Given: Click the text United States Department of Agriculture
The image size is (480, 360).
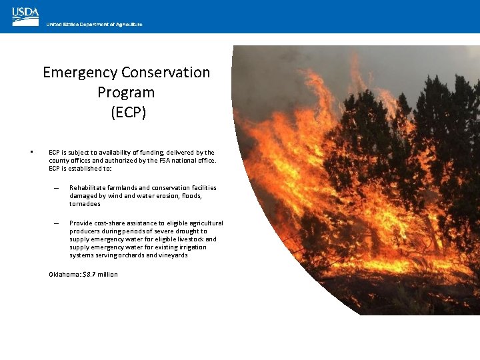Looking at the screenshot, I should [94, 25].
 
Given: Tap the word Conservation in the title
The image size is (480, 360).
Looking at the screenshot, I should [166, 72].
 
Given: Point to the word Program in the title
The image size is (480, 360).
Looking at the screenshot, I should [126, 92].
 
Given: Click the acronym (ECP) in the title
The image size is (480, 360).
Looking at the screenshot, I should [126, 112].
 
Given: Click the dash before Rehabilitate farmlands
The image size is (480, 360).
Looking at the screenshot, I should [57, 189].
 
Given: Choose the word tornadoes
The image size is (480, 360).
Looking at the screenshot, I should [85, 204].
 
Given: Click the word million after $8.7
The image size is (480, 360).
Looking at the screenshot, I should [109, 275].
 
